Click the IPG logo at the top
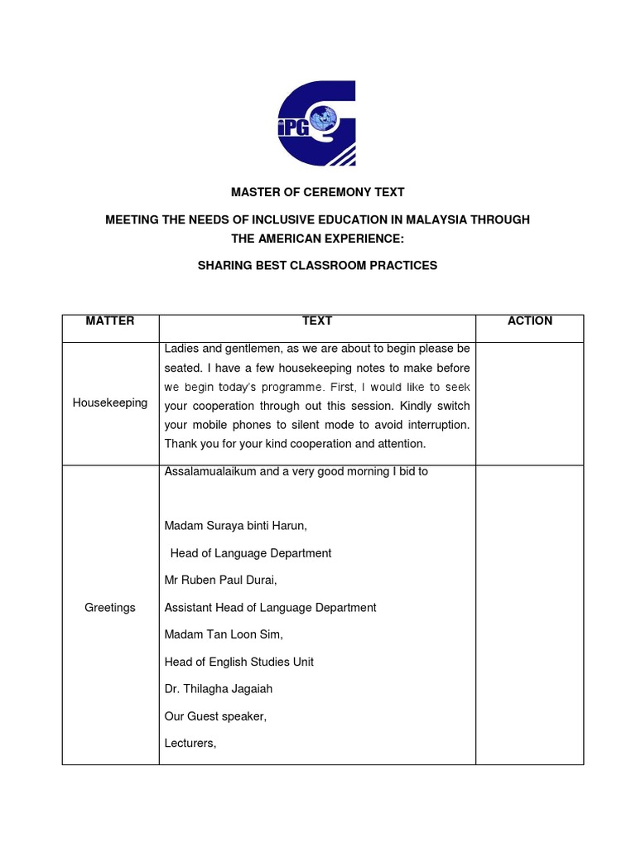pyautogui.click(x=316, y=123)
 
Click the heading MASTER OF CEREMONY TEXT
pyautogui.click(x=317, y=192)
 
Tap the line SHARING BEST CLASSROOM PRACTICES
pyautogui.click(x=317, y=266)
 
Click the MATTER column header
pyautogui.click(x=110, y=321)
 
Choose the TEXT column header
pyautogui.click(x=317, y=321)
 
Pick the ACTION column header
pyautogui.click(x=530, y=321)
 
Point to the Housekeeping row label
pyautogui.click(x=110, y=403)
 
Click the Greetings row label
pyautogui.click(x=110, y=608)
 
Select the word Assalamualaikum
pyautogui.click(x=208, y=472)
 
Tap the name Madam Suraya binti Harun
pyautogui.click(x=235, y=526)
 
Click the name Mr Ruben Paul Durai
pyautogui.click(x=220, y=581)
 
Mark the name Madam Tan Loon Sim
pyautogui.click(x=224, y=635)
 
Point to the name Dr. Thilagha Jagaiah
pyautogui.click(x=219, y=689)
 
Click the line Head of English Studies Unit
pyautogui.click(x=239, y=662)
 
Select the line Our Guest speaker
pyautogui.click(x=215, y=716)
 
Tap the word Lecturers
pyautogui.click(x=190, y=744)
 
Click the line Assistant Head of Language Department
pyautogui.click(x=270, y=608)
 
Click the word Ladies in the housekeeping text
pyautogui.click(x=182, y=349)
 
